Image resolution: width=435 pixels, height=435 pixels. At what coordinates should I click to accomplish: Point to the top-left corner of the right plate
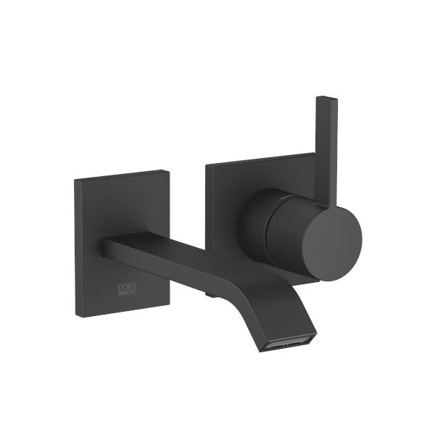206,165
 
